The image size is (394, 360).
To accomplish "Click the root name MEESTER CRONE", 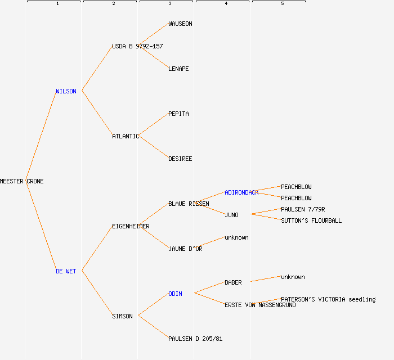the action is (x=21, y=181).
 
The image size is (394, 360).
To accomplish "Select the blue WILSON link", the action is (x=66, y=91).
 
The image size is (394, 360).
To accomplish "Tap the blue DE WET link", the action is (x=66, y=271).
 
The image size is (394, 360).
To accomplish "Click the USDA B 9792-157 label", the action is (x=137, y=46).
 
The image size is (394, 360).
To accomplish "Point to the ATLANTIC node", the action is (x=126, y=136).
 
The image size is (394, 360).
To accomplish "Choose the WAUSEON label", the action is (x=181, y=24).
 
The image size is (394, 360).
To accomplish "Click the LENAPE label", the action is (x=178, y=69).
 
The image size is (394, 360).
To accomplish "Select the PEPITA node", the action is (x=178, y=114).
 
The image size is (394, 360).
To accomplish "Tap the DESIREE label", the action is (x=180, y=159).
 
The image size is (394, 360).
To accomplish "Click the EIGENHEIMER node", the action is (x=131, y=226).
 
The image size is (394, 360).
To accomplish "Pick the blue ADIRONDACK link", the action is (x=241, y=192).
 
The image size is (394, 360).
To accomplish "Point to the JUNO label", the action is (x=231, y=215).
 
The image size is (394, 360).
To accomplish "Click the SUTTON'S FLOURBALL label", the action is (x=311, y=220).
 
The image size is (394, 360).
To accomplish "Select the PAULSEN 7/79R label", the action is (x=303, y=209).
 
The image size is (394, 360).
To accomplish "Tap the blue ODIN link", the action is (x=175, y=294).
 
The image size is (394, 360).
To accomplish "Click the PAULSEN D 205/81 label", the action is (x=195, y=339).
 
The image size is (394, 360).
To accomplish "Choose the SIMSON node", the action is (x=122, y=316).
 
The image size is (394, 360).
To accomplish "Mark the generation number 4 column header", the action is (x=226, y=3).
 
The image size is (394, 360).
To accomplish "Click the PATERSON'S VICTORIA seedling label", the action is (x=328, y=299).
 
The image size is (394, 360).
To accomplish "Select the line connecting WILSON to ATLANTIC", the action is (x=97, y=113).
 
